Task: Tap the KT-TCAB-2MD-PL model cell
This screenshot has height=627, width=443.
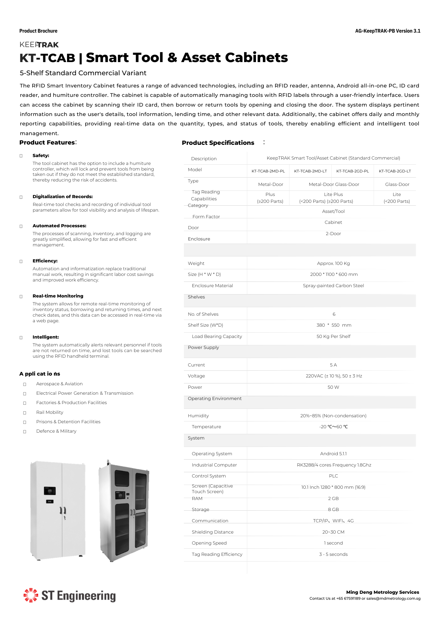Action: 268,171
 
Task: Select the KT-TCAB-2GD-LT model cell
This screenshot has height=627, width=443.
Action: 395,171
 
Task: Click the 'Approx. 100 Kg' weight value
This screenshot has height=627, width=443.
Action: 333,263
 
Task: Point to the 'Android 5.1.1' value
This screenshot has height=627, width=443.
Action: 333,454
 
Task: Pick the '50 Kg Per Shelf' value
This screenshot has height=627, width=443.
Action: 333,336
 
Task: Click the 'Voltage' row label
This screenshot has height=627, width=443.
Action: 196,376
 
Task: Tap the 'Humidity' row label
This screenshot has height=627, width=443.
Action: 198,416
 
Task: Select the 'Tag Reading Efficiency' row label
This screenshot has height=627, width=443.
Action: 217,554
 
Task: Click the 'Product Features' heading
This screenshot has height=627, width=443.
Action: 47,143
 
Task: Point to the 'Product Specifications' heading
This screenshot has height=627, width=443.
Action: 218,143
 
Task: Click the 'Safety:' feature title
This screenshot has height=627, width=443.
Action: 41,155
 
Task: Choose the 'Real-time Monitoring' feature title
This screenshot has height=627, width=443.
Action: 58,296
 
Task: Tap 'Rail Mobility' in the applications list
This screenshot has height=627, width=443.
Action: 50,412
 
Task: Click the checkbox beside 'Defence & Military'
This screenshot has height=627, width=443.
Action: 25,432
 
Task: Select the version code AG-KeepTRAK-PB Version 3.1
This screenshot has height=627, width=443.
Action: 388,31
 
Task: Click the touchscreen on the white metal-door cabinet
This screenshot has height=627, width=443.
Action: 50,491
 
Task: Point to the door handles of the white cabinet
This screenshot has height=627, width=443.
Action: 63,510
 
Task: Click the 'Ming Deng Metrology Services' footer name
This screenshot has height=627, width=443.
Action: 383,592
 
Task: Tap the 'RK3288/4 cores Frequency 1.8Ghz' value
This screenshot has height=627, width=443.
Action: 334,465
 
